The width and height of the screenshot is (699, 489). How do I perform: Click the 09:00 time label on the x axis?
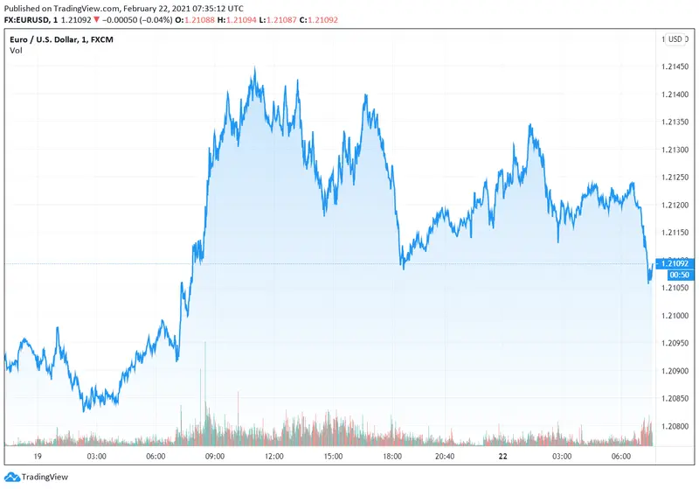215,456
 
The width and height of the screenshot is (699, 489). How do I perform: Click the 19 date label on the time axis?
37,456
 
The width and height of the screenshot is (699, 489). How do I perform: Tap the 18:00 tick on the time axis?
392,456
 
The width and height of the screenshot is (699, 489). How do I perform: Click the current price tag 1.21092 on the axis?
675,263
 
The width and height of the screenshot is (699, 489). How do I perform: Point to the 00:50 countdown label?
675,275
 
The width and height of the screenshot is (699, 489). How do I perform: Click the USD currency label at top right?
677,38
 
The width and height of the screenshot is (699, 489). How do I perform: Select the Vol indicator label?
17,51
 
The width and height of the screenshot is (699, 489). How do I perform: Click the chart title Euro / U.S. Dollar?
48,38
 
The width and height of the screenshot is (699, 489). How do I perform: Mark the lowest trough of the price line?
84,410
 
